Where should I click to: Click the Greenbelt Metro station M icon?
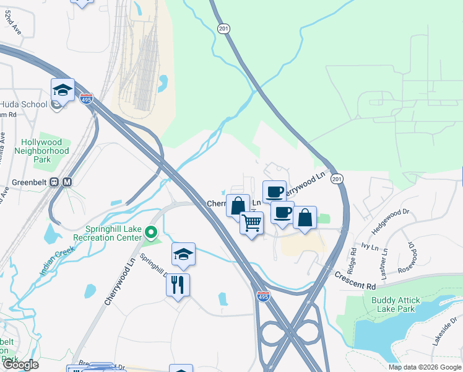click(67, 183)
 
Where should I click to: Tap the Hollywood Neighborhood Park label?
click(41, 151)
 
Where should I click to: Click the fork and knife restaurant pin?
click(178, 285)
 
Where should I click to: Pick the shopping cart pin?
click(251, 223)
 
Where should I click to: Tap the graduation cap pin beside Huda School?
click(63, 91)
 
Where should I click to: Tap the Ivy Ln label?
click(370, 246)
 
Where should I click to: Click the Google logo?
click(20, 365)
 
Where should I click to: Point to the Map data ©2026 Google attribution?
click(424, 367)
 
